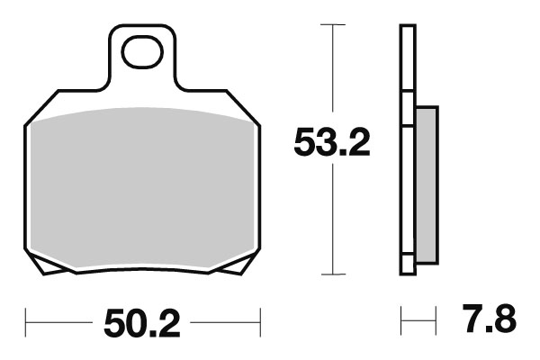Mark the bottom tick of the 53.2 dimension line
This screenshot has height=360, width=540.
(333, 274)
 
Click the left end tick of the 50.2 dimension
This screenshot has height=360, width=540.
(26, 319)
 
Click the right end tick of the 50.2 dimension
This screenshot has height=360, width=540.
(259, 319)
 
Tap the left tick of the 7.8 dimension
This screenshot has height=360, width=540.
(402, 319)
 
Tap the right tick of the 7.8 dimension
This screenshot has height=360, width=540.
(436, 319)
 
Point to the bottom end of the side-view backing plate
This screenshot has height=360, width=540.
(408, 269)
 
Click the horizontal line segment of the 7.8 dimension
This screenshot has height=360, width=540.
(419, 319)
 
